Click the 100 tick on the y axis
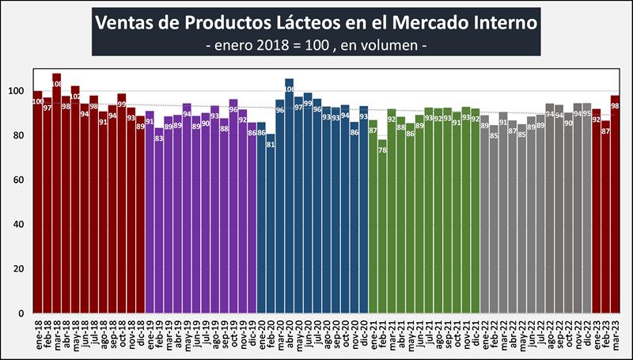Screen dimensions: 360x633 19,91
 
